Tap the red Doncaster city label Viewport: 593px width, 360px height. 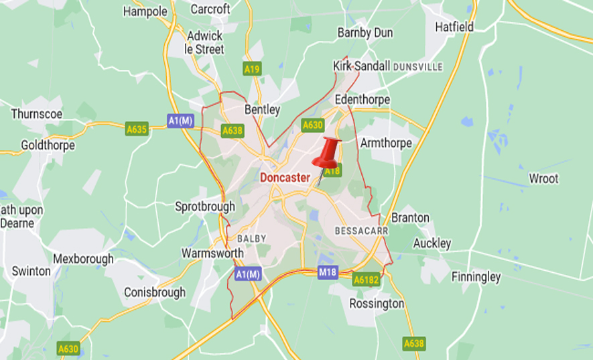click(x=284, y=178)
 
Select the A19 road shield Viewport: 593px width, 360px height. click(x=252, y=69)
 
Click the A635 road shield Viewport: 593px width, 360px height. click(x=137, y=128)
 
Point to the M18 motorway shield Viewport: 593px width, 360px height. click(x=328, y=272)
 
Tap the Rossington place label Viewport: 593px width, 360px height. click(x=377, y=304)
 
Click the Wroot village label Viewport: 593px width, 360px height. click(x=543, y=179)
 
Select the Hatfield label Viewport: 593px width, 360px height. click(x=454, y=27)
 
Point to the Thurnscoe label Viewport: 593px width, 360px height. click(x=37, y=114)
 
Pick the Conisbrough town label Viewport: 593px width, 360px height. click(x=155, y=292)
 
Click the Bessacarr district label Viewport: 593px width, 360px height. click(x=361, y=231)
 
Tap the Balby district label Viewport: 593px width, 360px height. click(x=251, y=239)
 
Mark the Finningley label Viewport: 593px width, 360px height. click(x=476, y=276)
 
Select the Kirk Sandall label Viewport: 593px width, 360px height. click(x=361, y=66)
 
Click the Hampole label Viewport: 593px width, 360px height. click(x=145, y=11)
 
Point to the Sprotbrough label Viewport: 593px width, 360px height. click(x=205, y=206)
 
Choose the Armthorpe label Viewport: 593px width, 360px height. click(x=386, y=143)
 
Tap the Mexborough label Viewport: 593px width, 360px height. click(x=83, y=259)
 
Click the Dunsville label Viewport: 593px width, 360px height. click(x=418, y=67)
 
